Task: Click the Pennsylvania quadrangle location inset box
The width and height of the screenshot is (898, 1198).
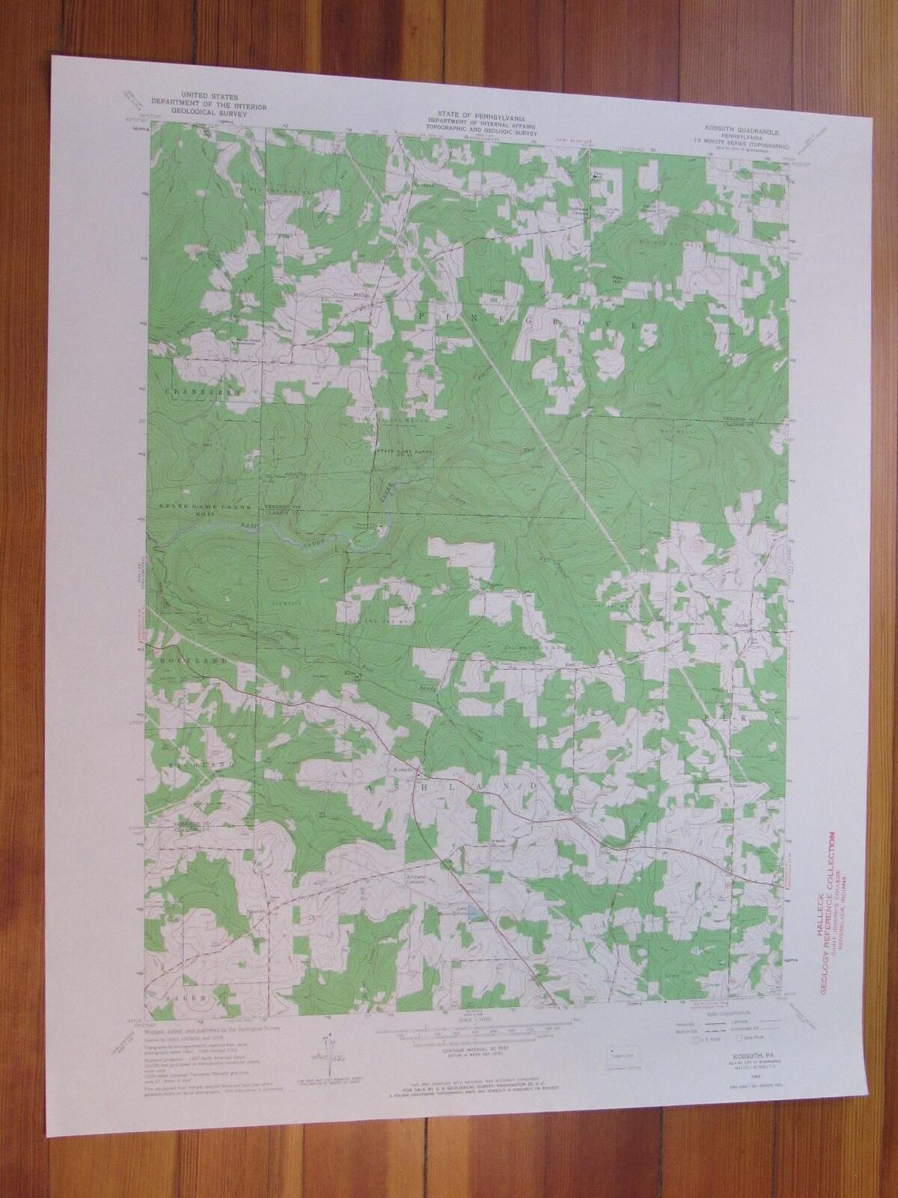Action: click(620, 1052)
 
